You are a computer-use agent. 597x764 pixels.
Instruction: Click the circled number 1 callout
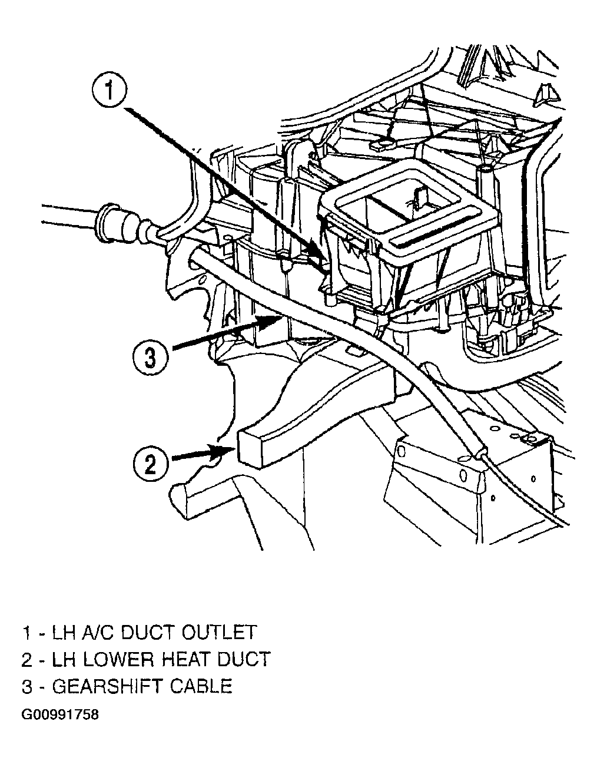(111, 90)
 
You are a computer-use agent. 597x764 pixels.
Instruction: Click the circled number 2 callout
(151, 464)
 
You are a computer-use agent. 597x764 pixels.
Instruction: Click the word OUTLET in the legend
(218, 632)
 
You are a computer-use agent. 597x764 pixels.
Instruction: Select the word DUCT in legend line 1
(148, 632)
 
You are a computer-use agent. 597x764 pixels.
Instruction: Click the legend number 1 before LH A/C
(27, 632)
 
